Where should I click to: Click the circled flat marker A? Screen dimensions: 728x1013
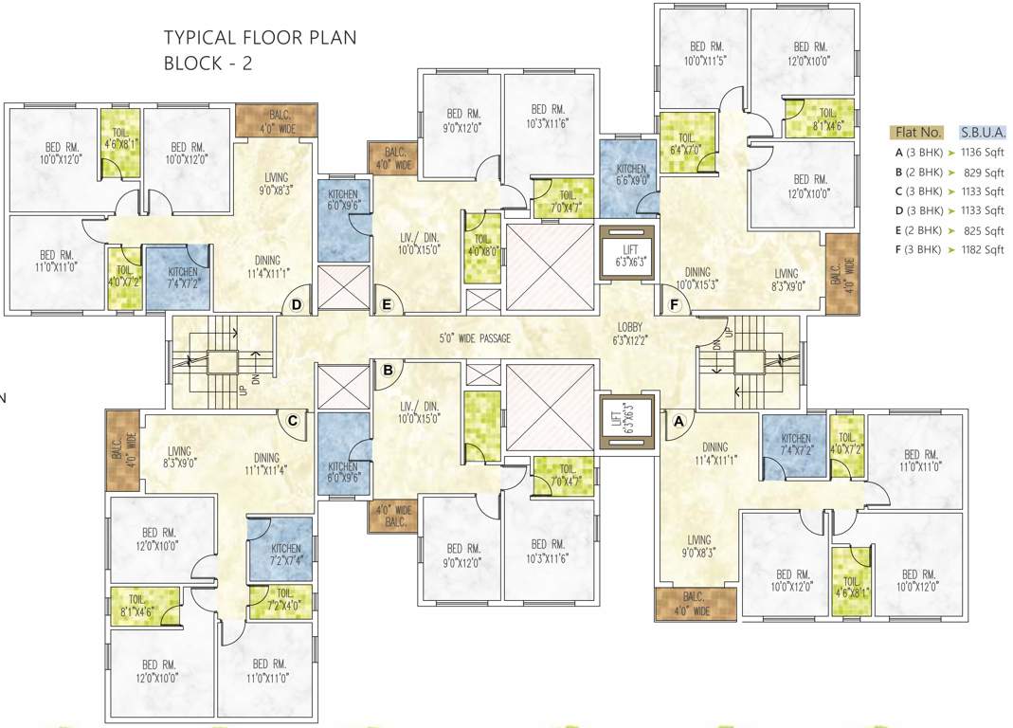pos(677,420)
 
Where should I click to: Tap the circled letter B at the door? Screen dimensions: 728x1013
pos(387,372)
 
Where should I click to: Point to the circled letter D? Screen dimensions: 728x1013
pos(297,304)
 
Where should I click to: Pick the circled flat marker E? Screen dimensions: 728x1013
pos(386,304)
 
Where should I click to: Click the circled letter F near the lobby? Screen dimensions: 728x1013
pos(675,304)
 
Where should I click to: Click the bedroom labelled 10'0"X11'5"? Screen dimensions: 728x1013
pos(702,53)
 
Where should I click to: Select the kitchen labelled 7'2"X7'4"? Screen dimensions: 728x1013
pos(285,555)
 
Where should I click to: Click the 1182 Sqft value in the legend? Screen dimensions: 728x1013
pos(982,250)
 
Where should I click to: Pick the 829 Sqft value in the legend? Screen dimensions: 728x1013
pos(982,173)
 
